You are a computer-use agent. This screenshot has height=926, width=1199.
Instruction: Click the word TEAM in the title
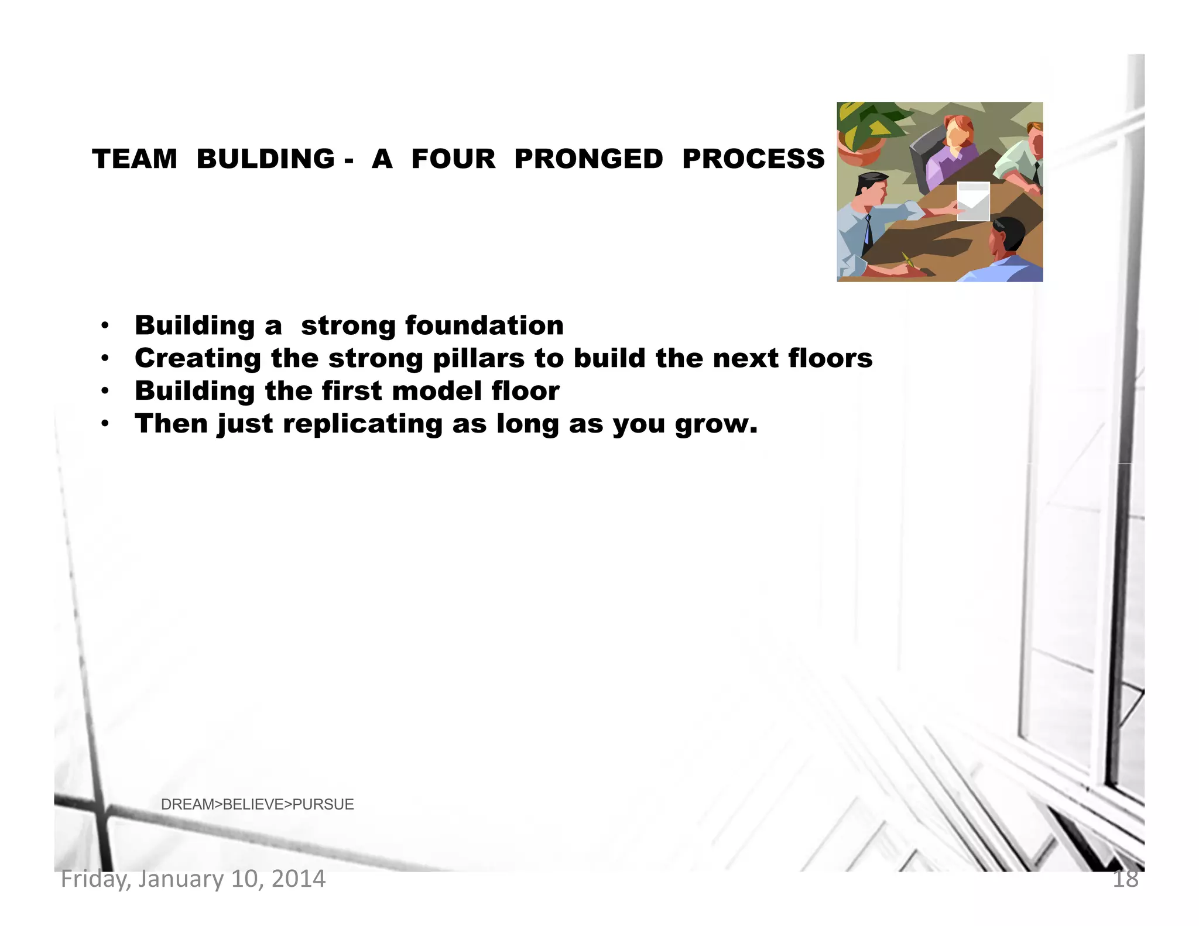pyautogui.click(x=135, y=159)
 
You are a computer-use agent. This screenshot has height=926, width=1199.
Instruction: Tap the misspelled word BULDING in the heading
pyautogui.click(x=265, y=159)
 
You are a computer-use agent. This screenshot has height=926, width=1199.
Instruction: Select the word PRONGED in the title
pyautogui.click(x=588, y=159)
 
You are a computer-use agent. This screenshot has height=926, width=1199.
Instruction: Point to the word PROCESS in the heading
pyautogui.click(x=753, y=159)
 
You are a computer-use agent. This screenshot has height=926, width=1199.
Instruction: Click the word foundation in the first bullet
pyautogui.click(x=484, y=325)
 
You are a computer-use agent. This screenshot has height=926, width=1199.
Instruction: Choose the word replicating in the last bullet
pyautogui.click(x=363, y=424)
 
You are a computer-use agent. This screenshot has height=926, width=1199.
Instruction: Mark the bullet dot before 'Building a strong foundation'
pyautogui.click(x=105, y=325)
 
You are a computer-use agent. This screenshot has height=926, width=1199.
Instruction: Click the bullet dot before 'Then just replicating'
pyautogui.click(x=105, y=424)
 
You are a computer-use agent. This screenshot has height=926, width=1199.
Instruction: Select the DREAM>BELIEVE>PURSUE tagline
pyautogui.click(x=257, y=804)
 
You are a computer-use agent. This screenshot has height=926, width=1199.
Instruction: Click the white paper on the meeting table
pyautogui.click(x=973, y=201)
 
